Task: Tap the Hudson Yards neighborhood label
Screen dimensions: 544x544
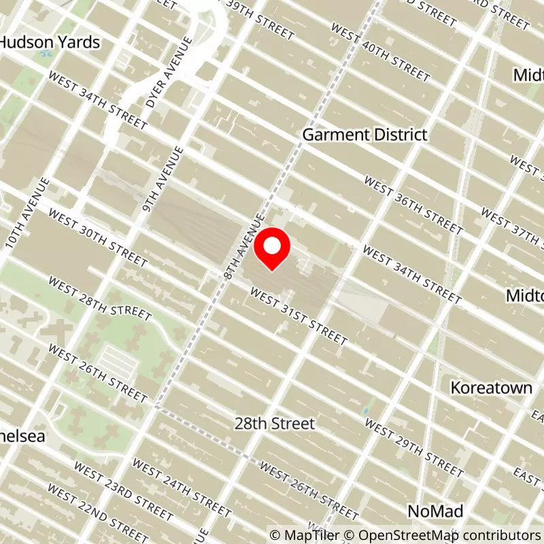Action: click(50, 42)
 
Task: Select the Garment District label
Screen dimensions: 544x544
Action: click(364, 135)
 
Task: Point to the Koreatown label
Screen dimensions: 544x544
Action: click(491, 388)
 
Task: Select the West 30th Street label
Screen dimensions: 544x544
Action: click(98, 239)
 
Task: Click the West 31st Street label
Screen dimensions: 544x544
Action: click(299, 316)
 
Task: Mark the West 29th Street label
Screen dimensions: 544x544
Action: click(414, 446)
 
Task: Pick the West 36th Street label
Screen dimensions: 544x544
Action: click(413, 206)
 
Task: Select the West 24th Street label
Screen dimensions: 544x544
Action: click(182, 487)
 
